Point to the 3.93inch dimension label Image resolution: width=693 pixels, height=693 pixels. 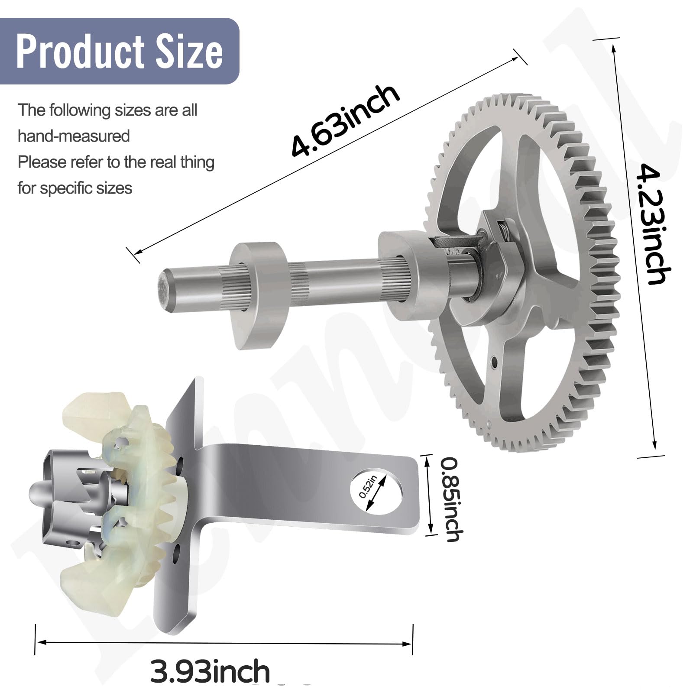tap(210, 671)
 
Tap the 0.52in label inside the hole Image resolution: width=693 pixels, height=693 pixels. tap(369, 486)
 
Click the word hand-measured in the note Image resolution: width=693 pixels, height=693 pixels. tap(74, 136)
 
